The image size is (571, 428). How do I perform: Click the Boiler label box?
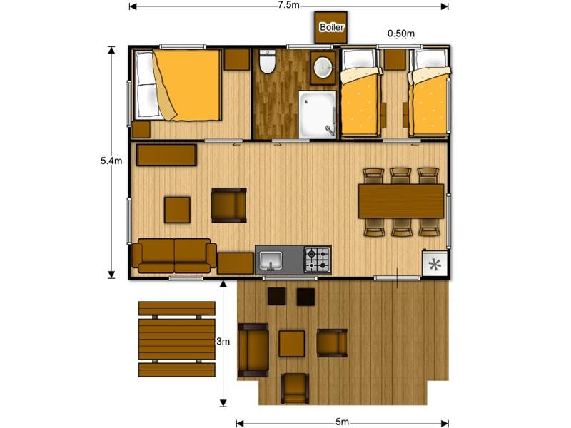click(x=330, y=27)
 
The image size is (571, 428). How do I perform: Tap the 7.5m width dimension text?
click(x=288, y=5)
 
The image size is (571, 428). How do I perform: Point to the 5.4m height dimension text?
click(x=111, y=160)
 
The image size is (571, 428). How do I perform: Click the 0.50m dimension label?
click(x=400, y=34)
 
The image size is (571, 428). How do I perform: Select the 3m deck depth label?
click(x=223, y=342)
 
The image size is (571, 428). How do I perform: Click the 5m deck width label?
click(x=342, y=422)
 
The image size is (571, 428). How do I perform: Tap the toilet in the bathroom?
click(x=268, y=61)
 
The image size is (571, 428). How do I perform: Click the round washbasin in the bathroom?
click(x=323, y=67)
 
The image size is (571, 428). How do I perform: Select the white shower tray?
click(x=317, y=115)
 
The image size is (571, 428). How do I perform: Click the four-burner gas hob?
click(x=317, y=260)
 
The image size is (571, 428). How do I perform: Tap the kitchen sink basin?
click(x=271, y=260)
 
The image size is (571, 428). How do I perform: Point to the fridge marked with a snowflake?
click(x=435, y=263)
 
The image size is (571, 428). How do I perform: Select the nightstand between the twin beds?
click(x=395, y=59)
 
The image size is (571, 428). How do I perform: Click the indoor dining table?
click(x=401, y=201)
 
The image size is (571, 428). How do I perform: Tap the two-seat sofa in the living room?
click(x=174, y=255)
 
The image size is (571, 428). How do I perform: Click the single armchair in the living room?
click(x=229, y=205)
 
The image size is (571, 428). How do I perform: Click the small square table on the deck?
click(x=292, y=344)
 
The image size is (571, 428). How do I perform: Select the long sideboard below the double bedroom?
click(x=166, y=155)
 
